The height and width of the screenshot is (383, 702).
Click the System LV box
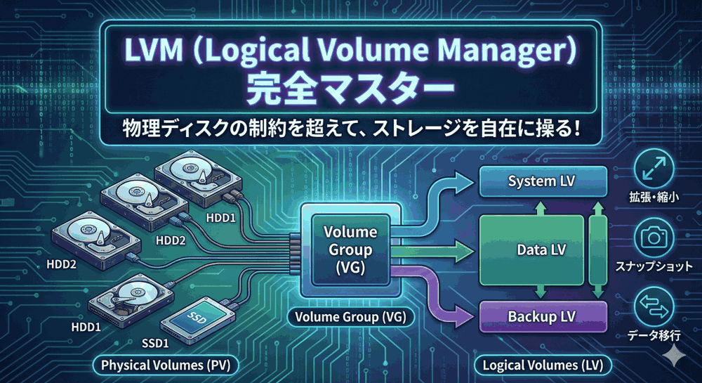[542, 181]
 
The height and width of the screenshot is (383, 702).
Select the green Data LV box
[531, 249]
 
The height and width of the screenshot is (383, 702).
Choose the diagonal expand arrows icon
[654, 169]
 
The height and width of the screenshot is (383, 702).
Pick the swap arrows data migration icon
[654, 308]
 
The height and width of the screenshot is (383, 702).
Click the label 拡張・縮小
[654, 199]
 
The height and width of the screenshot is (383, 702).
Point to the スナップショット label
[654, 267]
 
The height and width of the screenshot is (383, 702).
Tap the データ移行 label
[654, 337]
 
